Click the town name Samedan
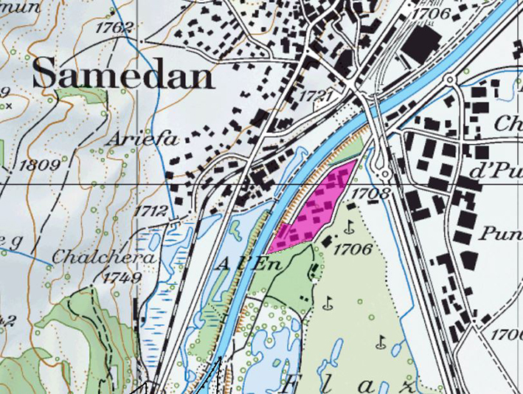pyautogui.click(x=123, y=74)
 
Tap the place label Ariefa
pyautogui.click(x=134, y=139)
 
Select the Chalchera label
pyautogui.click(x=103, y=258)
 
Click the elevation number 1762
pyautogui.click(x=114, y=28)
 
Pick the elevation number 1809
pyautogui.click(x=39, y=165)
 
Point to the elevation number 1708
pyautogui.click(x=371, y=193)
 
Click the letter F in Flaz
pyautogui.click(x=292, y=386)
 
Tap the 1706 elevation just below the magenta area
pyautogui.click(x=353, y=249)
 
